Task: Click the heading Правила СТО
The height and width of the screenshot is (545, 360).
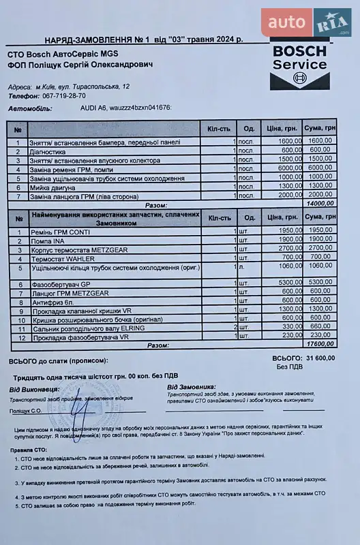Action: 29,451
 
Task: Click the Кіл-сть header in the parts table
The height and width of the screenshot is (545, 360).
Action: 220,217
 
